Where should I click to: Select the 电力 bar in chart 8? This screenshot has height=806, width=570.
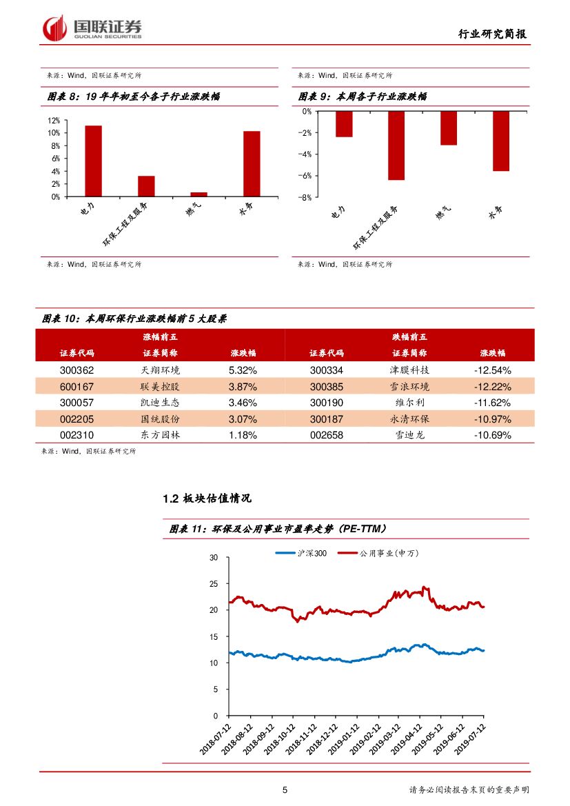click(x=93, y=161)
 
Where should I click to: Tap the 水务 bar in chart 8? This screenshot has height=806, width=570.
click(x=252, y=164)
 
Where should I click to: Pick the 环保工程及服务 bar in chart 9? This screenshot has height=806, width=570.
click(x=396, y=145)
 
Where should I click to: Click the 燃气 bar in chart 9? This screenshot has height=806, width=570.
click(x=449, y=128)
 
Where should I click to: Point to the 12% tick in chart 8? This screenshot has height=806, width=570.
click(x=53, y=120)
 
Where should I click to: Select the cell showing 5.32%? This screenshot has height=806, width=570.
click(x=243, y=370)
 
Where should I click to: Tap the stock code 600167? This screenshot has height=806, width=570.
click(x=77, y=386)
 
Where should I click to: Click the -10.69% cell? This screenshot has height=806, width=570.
click(x=492, y=435)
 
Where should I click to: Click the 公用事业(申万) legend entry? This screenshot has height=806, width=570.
click(x=380, y=553)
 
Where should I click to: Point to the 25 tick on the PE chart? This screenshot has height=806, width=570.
click(x=213, y=584)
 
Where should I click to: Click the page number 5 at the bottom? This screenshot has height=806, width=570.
click(x=285, y=790)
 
